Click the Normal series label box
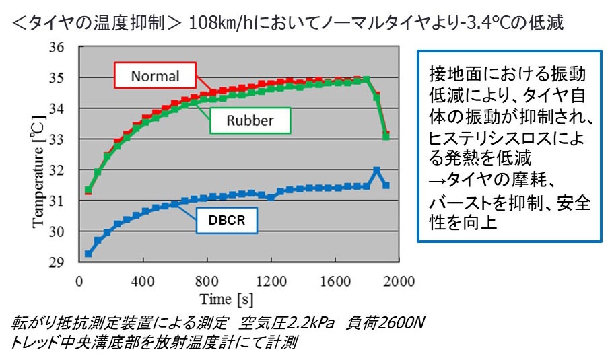(155, 76)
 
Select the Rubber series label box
(249, 121)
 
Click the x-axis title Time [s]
(226, 298)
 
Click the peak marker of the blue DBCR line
(376, 171)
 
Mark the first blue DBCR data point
(88, 254)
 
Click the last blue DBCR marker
(386, 185)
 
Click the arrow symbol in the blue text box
(435, 178)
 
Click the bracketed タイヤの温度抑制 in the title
(94, 23)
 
